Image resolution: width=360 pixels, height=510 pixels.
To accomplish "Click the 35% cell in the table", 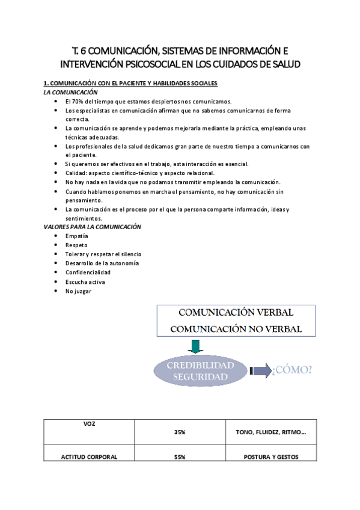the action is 180,432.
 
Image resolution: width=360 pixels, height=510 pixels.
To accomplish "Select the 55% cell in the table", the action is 180,457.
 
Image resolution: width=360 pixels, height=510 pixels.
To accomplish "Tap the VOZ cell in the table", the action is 89,424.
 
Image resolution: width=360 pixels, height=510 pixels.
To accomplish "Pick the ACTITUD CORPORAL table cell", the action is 89,457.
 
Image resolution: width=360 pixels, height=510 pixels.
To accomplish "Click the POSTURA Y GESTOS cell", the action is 271,457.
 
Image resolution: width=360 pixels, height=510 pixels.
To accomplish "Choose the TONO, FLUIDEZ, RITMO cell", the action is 271,432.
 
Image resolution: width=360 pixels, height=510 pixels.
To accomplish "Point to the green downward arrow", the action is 194,347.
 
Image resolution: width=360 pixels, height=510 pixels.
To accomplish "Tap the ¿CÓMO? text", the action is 292,369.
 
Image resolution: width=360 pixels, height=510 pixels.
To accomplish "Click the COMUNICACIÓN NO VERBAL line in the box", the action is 236,329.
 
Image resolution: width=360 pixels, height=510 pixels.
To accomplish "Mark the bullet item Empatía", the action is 77,236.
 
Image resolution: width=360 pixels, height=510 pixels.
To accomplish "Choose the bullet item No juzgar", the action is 78,290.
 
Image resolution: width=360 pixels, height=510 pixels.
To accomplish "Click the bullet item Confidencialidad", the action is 88,272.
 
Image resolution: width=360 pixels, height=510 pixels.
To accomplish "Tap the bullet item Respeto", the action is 76,245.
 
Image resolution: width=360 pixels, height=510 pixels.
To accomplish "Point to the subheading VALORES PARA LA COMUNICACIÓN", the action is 92,227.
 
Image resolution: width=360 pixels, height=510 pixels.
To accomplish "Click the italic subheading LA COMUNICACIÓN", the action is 70,93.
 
